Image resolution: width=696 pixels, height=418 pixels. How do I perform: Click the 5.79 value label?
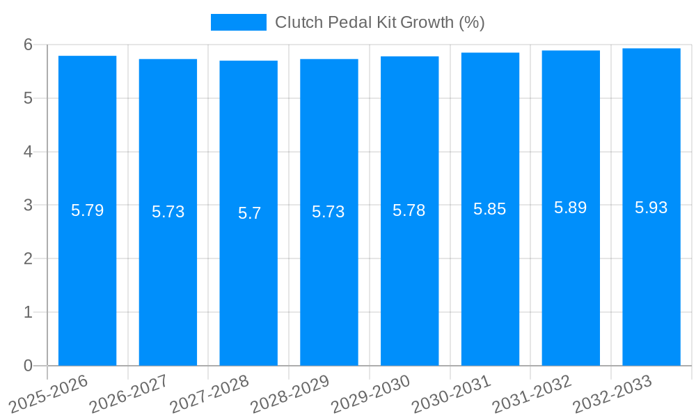87,210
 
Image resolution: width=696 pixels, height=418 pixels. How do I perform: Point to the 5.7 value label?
248,213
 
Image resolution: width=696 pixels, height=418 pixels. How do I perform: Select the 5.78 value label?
409,210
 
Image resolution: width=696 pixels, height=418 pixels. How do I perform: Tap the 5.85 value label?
490,209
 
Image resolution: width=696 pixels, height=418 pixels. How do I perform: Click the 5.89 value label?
570,208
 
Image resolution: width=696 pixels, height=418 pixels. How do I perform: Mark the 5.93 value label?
651,207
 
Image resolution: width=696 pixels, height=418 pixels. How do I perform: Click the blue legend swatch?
238,22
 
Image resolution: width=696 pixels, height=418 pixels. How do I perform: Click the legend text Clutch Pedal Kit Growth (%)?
379,22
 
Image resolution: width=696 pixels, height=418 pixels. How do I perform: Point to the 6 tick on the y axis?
28,45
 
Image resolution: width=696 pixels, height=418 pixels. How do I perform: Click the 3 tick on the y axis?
28,206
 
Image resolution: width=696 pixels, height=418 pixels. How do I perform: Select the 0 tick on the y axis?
28,366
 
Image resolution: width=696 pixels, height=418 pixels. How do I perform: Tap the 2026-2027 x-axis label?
129,393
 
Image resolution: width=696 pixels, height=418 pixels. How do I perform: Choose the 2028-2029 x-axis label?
290,393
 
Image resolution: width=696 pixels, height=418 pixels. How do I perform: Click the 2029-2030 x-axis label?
370,393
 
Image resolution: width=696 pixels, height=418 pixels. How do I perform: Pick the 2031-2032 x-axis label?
531,393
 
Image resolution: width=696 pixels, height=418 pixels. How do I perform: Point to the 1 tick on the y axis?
28,312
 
